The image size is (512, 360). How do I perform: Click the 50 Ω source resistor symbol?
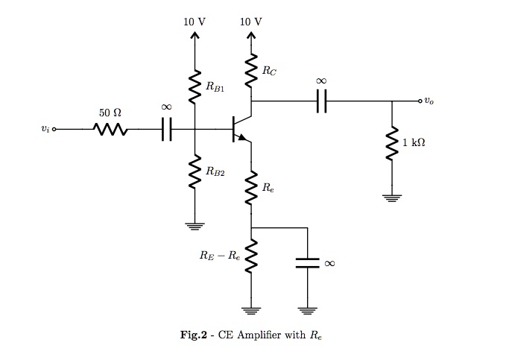click(110, 130)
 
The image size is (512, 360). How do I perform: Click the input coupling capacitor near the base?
click(166, 130)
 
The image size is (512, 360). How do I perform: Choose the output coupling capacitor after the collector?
click(321, 101)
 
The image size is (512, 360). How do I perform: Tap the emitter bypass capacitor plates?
click(306, 262)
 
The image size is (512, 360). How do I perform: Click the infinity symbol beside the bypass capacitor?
click(330, 262)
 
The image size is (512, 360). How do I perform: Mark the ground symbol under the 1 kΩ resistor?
click(392, 198)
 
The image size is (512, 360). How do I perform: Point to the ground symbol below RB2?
click(195, 225)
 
